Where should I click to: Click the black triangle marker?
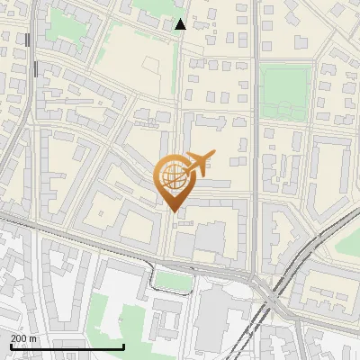[x=181, y=24]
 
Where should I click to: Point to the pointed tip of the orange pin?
[x=173, y=211]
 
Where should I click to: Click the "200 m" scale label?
[x=24, y=337]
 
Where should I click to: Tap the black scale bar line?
[x=67, y=346]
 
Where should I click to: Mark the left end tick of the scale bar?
[x=11, y=345]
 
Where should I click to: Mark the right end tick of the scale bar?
[x=123, y=345]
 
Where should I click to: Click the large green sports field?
[x=285, y=91]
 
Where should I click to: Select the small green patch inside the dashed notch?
[x=175, y=282]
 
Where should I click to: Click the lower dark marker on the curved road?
[x=34, y=68]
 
